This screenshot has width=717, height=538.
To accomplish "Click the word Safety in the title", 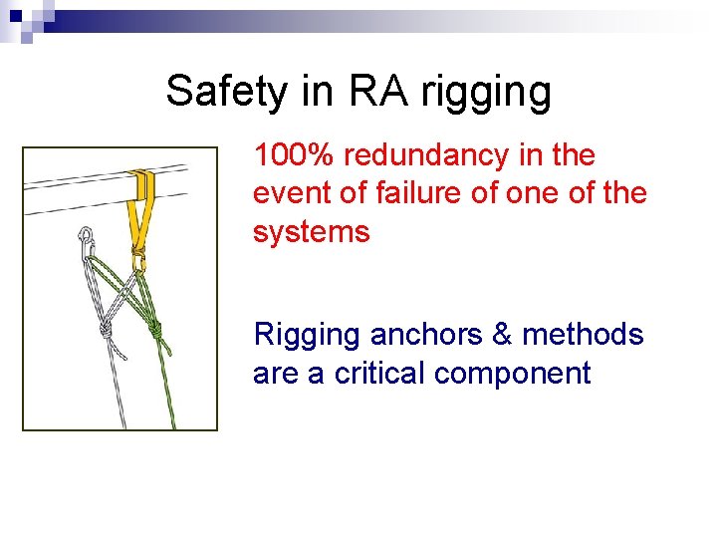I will point(224,92).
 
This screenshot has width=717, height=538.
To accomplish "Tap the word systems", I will point(311,233).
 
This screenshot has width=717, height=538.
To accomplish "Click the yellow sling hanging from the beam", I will point(141,214).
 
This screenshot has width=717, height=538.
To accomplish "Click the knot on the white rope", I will point(104,328).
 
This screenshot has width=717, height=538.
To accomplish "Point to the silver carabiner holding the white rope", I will point(87,239).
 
